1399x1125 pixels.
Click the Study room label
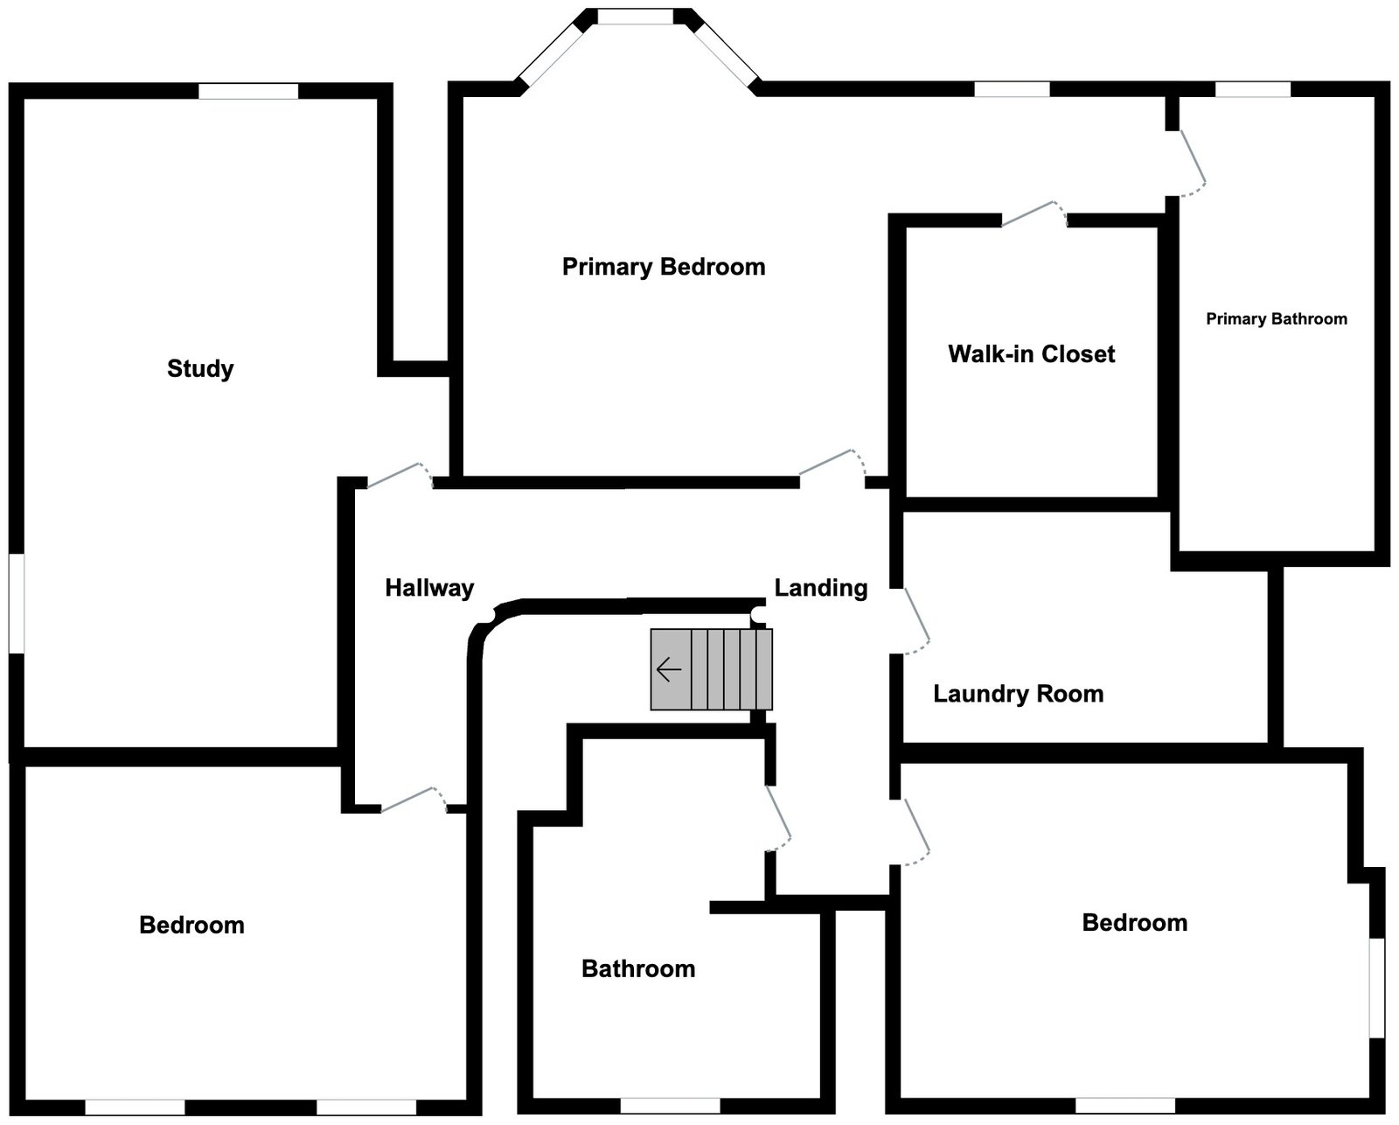pos(200,368)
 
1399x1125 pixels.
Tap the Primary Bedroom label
pos(664,267)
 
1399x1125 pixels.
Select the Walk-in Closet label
pos(1032,354)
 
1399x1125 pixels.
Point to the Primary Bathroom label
pos(1277,319)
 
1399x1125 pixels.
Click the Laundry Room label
pos(1018,695)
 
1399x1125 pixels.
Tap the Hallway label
pos(429,588)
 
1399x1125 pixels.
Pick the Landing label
pos(821,588)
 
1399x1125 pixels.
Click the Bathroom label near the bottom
pos(638,969)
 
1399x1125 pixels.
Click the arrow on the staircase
pos(669,670)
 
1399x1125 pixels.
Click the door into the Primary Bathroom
pos(1192,162)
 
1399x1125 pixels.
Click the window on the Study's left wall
pos(17,603)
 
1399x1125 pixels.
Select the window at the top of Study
pos(248,91)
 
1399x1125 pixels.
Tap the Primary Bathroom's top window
pos(1252,89)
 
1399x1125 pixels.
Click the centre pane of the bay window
pos(636,17)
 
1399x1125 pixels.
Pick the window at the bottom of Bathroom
pos(670,1106)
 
